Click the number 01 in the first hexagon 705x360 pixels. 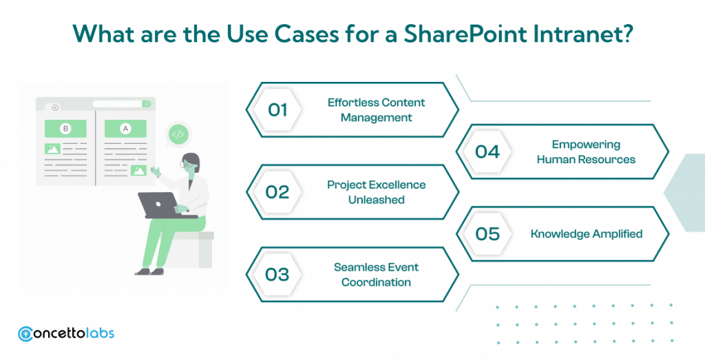tap(277, 109)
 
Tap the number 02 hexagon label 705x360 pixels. tap(277, 192)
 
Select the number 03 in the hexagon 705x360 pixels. tap(277, 275)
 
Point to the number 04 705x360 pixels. tap(487, 151)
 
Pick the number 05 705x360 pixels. tap(487, 234)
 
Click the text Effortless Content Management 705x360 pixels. tap(376, 110)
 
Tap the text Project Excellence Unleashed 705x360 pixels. tap(376, 192)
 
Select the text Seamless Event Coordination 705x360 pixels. tap(376, 275)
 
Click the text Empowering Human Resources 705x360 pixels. tap(586, 151)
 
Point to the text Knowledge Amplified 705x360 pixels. tap(586, 234)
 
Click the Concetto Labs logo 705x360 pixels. tap(66, 333)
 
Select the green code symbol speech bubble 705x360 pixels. tap(178, 134)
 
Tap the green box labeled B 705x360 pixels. tap(66, 129)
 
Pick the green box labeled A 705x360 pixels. tap(125, 129)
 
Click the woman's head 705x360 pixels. tap(190, 162)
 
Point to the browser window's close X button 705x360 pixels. tap(55, 107)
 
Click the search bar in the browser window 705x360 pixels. tap(121, 104)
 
